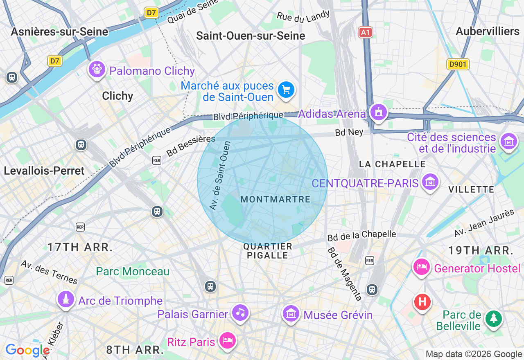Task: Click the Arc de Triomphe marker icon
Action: click(65, 299)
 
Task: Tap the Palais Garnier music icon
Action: click(240, 313)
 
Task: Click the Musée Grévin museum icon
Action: click(291, 314)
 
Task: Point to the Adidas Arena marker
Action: click(378, 112)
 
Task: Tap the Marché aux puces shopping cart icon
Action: click(286, 90)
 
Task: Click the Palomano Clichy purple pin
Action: click(97, 69)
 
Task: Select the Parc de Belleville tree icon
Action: click(494, 318)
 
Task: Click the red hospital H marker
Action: click(422, 302)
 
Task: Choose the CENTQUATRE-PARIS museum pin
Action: click(430, 182)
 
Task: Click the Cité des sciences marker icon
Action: click(509, 142)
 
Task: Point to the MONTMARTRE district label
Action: click(276, 199)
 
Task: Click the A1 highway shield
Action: click(366, 32)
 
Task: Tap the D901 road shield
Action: click(458, 64)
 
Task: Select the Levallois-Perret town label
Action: click(44, 171)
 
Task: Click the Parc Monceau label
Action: click(133, 271)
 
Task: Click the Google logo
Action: click(27, 350)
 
